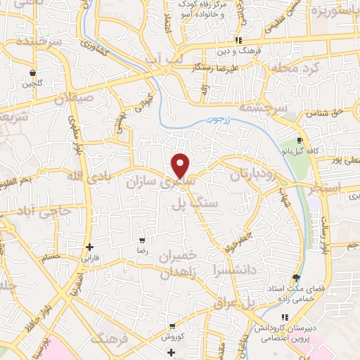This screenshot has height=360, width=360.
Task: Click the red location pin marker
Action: [x=181, y=165]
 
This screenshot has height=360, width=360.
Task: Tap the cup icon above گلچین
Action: [x=32, y=72]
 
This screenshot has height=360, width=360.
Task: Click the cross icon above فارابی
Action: [x=89, y=247]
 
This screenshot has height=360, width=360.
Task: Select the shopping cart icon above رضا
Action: [x=143, y=239]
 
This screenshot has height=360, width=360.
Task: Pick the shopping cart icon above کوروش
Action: [x=172, y=326]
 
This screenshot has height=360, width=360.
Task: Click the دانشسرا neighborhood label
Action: [x=221, y=269]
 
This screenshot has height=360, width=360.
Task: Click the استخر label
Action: [x=324, y=188]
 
